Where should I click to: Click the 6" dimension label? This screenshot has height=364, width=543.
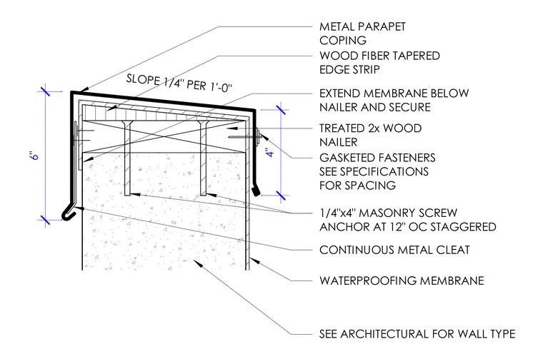click(34, 155)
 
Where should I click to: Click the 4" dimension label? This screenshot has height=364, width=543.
click(269, 152)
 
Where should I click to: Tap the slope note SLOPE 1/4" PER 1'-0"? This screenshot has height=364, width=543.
click(179, 83)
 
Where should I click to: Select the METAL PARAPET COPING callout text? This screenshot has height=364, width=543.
click(362, 34)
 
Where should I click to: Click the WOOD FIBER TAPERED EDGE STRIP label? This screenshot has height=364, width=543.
click(379, 63)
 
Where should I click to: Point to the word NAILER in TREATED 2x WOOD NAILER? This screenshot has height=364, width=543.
click(339, 142)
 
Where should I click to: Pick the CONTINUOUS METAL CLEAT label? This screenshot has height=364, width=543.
click(394, 250)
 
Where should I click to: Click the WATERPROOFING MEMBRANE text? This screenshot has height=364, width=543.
click(402, 280)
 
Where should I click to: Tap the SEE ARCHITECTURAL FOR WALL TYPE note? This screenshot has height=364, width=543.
click(417, 334)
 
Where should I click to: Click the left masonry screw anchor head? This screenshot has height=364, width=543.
click(127, 123)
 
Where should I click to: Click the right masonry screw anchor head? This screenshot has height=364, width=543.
click(204, 123)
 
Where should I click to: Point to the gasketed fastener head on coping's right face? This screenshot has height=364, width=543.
click(258, 137)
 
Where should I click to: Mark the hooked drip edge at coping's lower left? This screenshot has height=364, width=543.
click(69, 213)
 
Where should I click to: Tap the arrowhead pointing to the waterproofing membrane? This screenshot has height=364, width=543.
click(254, 260)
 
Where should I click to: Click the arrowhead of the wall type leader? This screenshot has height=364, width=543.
click(197, 263)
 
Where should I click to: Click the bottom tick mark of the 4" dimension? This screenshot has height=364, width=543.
click(282, 195)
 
